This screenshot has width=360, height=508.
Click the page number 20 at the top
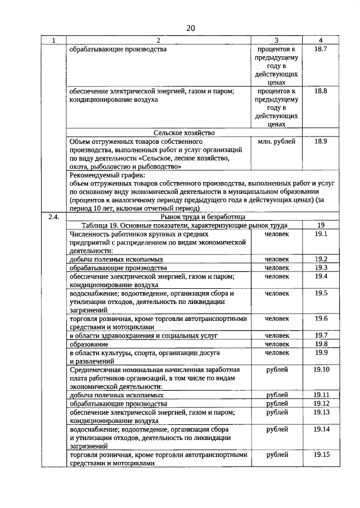coord(190,28)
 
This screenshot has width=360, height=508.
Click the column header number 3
coord(277,40)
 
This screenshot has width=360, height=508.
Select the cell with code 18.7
coord(321,49)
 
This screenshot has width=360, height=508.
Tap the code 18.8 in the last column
coord(321,91)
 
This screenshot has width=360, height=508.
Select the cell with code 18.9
coord(321,142)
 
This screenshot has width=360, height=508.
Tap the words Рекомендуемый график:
coord(104,175)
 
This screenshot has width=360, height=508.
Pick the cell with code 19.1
coord(321,233)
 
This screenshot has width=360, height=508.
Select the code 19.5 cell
coord(321,293)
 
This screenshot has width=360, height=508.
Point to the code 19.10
coord(321,369)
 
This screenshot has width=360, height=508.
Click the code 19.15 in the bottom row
coord(321,455)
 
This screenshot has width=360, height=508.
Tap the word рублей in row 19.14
coord(277,429)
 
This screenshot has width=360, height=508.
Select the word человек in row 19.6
coord(277,319)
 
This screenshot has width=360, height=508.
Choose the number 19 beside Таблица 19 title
coord(321,225)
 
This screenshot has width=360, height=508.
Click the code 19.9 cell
coord(321,352)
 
